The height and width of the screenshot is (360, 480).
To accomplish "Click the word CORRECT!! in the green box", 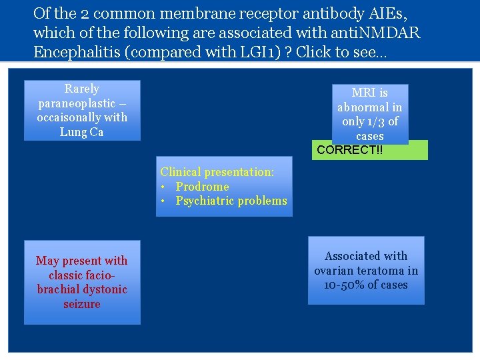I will (x=350, y=150).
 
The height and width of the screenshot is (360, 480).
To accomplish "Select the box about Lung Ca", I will (x=82, y=111).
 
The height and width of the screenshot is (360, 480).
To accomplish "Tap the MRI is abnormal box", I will (x=370, y=114).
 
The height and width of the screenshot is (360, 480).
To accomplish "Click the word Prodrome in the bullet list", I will (x=202, y=187).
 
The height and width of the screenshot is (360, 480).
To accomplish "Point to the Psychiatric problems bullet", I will (x=231, y=201).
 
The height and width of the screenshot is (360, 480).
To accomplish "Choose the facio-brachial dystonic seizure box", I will (x=82, y=282).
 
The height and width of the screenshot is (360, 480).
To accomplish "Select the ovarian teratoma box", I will (x=366, y=270).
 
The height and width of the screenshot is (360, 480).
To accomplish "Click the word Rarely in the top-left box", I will (x=82, y=89).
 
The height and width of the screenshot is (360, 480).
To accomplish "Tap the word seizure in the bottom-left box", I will (x=82, y=304).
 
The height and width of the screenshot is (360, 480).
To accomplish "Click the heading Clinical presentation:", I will (x=217, y=172).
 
